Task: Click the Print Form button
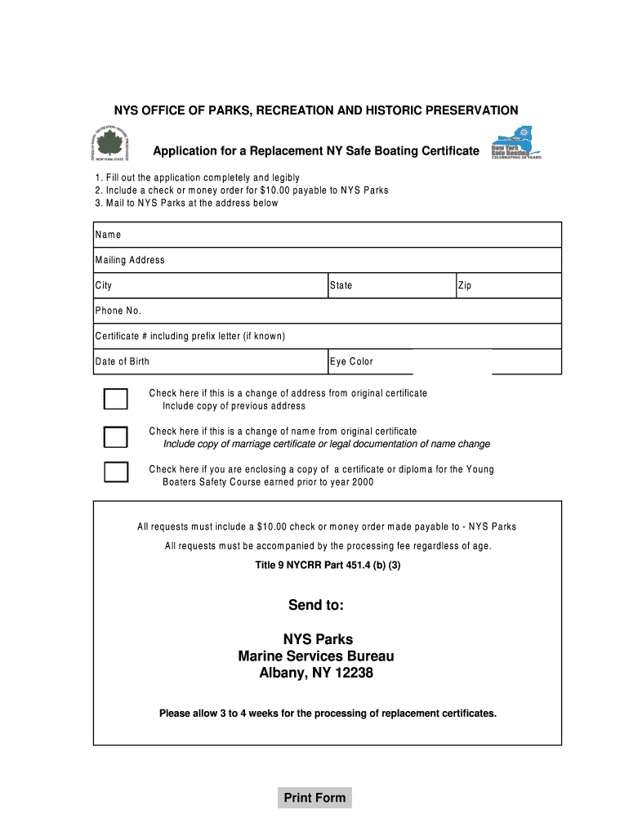coord(314,798)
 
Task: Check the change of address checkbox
coord(115,399)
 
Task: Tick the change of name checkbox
coord(115,436)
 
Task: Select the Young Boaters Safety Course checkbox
coord(115,472)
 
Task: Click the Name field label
coord(108,235)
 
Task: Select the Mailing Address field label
coord(130,260)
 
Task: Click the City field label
coord(104,286)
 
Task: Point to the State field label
coord(341,286)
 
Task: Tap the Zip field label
coord(465,286)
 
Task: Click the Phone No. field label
coord(118,311)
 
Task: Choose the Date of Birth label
coord(123,361)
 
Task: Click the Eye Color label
coord(351,361)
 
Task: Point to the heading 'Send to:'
coord(315,605)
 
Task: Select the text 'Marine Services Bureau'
coord(315,656)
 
